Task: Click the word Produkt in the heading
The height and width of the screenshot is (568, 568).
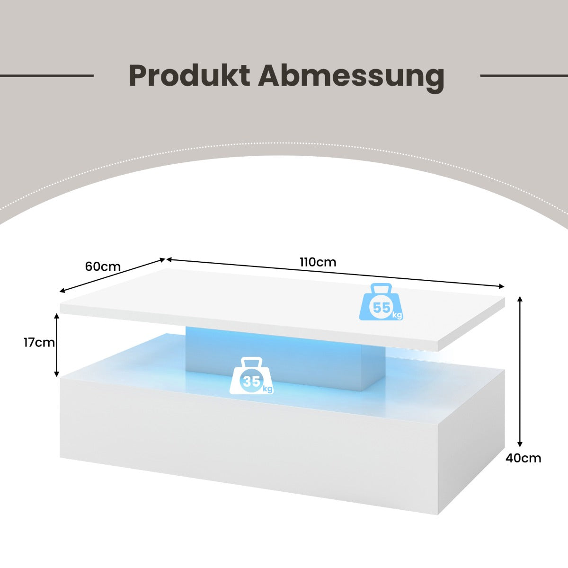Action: click(189, 75)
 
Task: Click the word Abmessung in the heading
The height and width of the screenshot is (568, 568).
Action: click(351, 79)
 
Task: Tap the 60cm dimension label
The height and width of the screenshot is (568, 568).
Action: click(103, 266)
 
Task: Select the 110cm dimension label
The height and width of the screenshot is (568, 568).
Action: click(318, 262)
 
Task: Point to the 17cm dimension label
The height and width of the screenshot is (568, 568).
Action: click(39, 343)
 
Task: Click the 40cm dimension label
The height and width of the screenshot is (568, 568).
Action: click(524, 458)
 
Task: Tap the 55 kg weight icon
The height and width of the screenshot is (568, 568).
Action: click(381, 302)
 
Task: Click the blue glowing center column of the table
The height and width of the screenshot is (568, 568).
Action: click(285, 358)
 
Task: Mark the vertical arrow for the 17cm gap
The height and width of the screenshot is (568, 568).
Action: click(57, 345)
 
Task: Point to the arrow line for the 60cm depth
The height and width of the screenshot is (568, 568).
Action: click(112, 275)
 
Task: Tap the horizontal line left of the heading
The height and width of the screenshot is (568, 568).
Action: click(47, 76)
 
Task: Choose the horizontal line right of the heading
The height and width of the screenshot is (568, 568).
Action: click(524, 76)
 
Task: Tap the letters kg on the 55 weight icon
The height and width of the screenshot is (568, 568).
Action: click(397, 315)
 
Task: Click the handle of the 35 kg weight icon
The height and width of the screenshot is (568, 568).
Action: click(251, 362)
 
